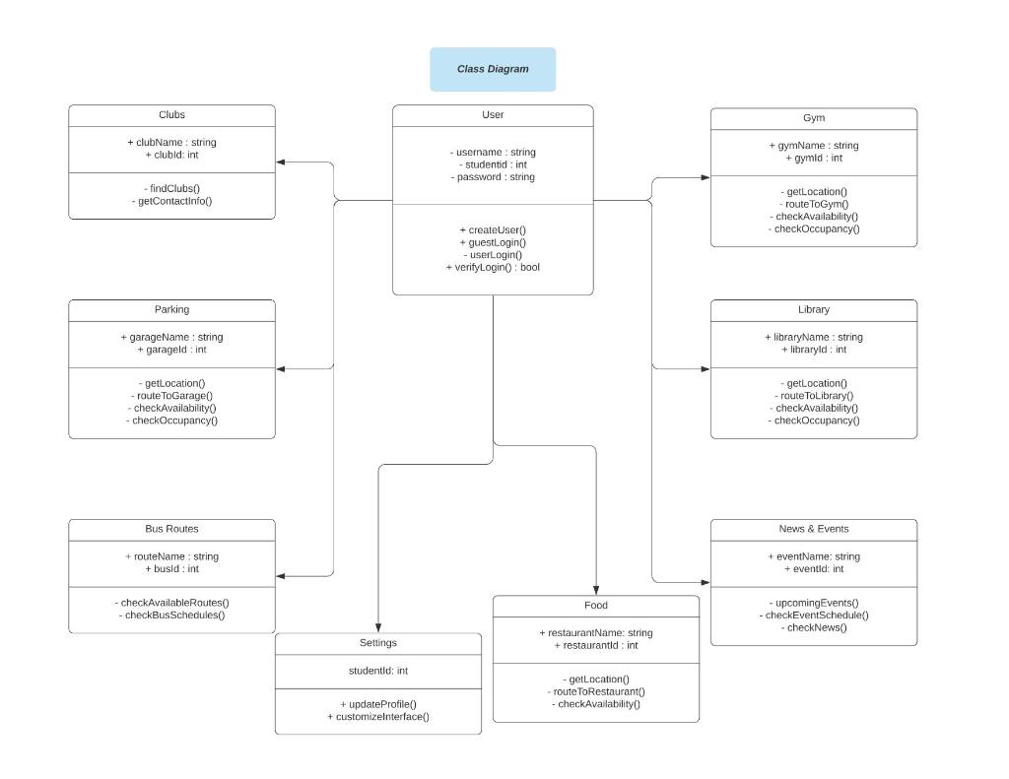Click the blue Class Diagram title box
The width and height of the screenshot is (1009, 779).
[x=493, y=69]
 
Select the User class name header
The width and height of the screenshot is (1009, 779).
[x=493, y=115]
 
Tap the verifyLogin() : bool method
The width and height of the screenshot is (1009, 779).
[x=493, y=267]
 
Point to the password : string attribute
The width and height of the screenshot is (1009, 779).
[x=493, y=177]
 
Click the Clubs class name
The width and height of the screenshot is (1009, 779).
[x=171, y=115]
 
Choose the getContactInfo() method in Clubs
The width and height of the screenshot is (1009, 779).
[x=171, y=201]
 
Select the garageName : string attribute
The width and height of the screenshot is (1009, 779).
[x=171, y=337]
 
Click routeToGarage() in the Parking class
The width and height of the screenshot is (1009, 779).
[x=171, y=395]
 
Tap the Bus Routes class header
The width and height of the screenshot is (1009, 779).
[x=171, y=529]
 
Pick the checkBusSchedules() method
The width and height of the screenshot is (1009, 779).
[x=171, y=615]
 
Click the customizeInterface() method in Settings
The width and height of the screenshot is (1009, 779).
[x=378, y=716]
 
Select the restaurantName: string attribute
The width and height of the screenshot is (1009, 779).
[x=595, y=632]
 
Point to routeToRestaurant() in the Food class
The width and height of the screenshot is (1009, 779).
[x=595, y=691]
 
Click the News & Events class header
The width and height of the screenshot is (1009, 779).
[x=813, y=529]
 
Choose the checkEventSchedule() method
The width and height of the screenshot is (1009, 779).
[x=813, y=615]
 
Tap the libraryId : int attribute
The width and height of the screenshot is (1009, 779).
[x=813, y=350]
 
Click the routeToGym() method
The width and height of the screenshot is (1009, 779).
[x=813, y=204]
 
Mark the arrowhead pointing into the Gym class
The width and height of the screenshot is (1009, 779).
[x=705, y=177]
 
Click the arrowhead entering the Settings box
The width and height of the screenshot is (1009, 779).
[x=378, y=627]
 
